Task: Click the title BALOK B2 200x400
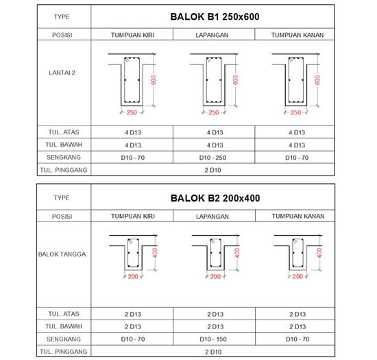(215, 197)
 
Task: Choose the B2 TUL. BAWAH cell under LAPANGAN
(214, 326)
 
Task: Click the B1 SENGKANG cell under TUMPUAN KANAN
(297, 157)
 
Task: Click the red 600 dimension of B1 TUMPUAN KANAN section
(317, 80)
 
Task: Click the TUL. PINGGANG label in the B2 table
(48, 351)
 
